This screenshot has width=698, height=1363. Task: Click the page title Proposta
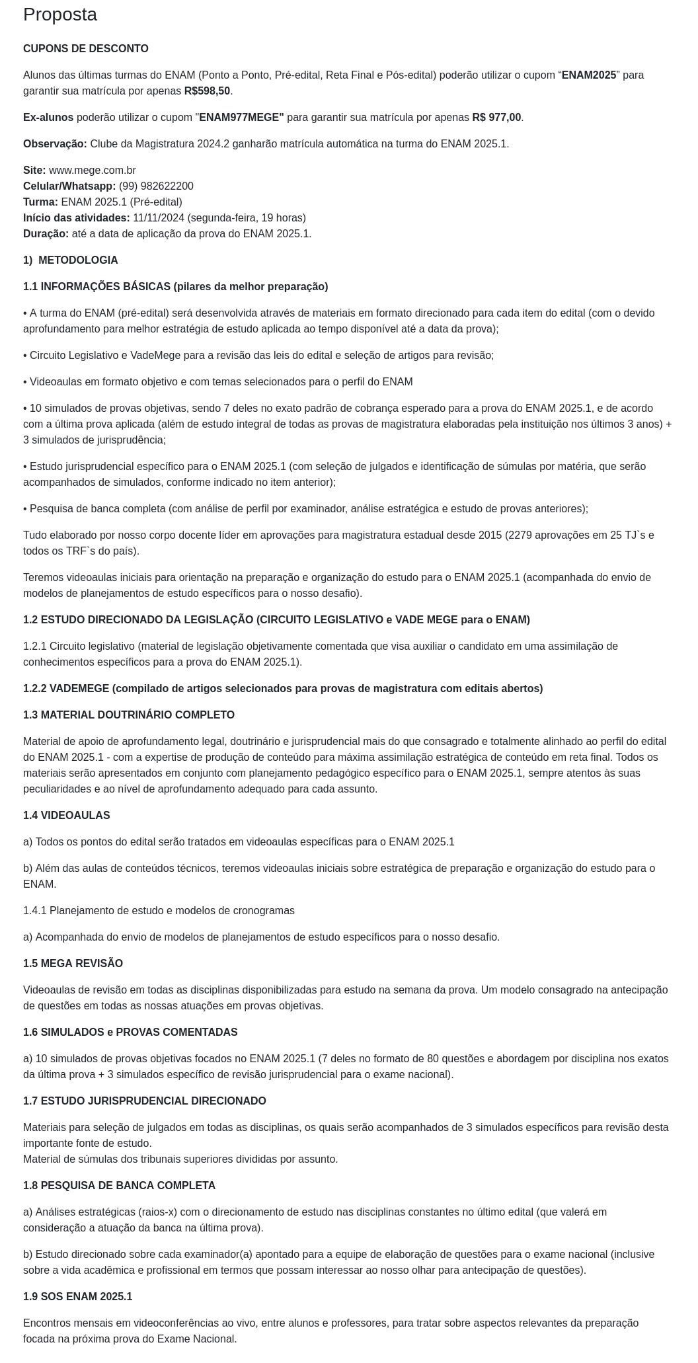60,15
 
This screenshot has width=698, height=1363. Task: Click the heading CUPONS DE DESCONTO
86,49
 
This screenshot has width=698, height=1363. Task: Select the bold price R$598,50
207,91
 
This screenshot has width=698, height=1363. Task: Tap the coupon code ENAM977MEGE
241,118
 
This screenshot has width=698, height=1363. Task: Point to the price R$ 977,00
496,118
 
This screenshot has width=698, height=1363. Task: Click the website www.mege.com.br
93,171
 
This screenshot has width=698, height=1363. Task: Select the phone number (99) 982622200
156,186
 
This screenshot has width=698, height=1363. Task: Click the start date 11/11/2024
159,218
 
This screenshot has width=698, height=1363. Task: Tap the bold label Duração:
46,234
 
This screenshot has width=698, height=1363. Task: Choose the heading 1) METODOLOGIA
71,260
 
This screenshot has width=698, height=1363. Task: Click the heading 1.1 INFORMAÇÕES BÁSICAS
175,287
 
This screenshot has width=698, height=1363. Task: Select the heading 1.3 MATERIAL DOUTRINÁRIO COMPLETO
129,715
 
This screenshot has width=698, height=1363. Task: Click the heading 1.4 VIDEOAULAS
66,816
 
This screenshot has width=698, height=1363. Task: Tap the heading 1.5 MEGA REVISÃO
73,964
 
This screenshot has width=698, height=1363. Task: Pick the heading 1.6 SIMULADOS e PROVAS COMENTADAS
130,1032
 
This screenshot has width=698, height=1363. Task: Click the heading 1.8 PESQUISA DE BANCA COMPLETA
119,1186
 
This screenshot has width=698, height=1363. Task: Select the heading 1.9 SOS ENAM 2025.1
77,1297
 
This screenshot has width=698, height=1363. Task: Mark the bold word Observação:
55,144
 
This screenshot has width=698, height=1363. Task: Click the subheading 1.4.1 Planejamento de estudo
159,911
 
